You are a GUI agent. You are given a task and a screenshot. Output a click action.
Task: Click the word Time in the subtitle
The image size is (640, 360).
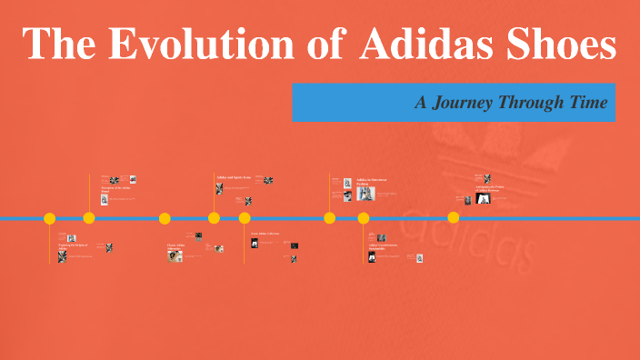click(586, 103)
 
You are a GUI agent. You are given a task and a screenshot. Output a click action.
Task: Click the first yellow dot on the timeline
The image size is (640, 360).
click(50, 218)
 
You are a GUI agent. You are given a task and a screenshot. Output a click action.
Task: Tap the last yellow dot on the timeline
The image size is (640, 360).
click(454, 217)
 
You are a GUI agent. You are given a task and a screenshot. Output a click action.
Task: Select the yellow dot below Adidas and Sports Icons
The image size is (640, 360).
click(214, 218)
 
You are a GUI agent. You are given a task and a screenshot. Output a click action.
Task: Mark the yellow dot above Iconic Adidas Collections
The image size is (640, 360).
click(245, 218)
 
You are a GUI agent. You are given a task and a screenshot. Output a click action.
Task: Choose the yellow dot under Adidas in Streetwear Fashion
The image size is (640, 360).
click(330, 218)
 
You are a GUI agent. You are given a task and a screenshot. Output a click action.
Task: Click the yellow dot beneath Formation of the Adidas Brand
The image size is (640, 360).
click(89, 218)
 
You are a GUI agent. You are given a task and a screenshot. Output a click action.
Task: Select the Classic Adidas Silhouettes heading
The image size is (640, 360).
click(179, 246)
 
